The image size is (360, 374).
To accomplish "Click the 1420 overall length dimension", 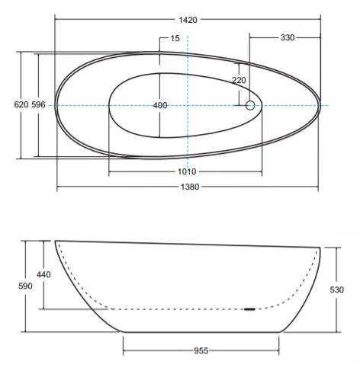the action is pos(188,20).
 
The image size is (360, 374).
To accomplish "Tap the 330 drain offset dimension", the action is pos(288,37).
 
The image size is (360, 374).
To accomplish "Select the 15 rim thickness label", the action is pos(175,38).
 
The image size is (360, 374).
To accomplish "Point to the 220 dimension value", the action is pos(239,80).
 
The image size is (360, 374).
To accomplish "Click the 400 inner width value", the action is pos(160,105).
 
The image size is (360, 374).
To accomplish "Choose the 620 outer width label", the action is pos(21,104).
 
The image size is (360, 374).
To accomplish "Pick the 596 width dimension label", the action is pos(38,104).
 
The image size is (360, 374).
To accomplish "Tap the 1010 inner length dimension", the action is pos(187,172).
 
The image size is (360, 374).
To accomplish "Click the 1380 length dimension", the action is pos(190,187).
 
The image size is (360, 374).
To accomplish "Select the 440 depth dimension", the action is pos(43,274).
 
